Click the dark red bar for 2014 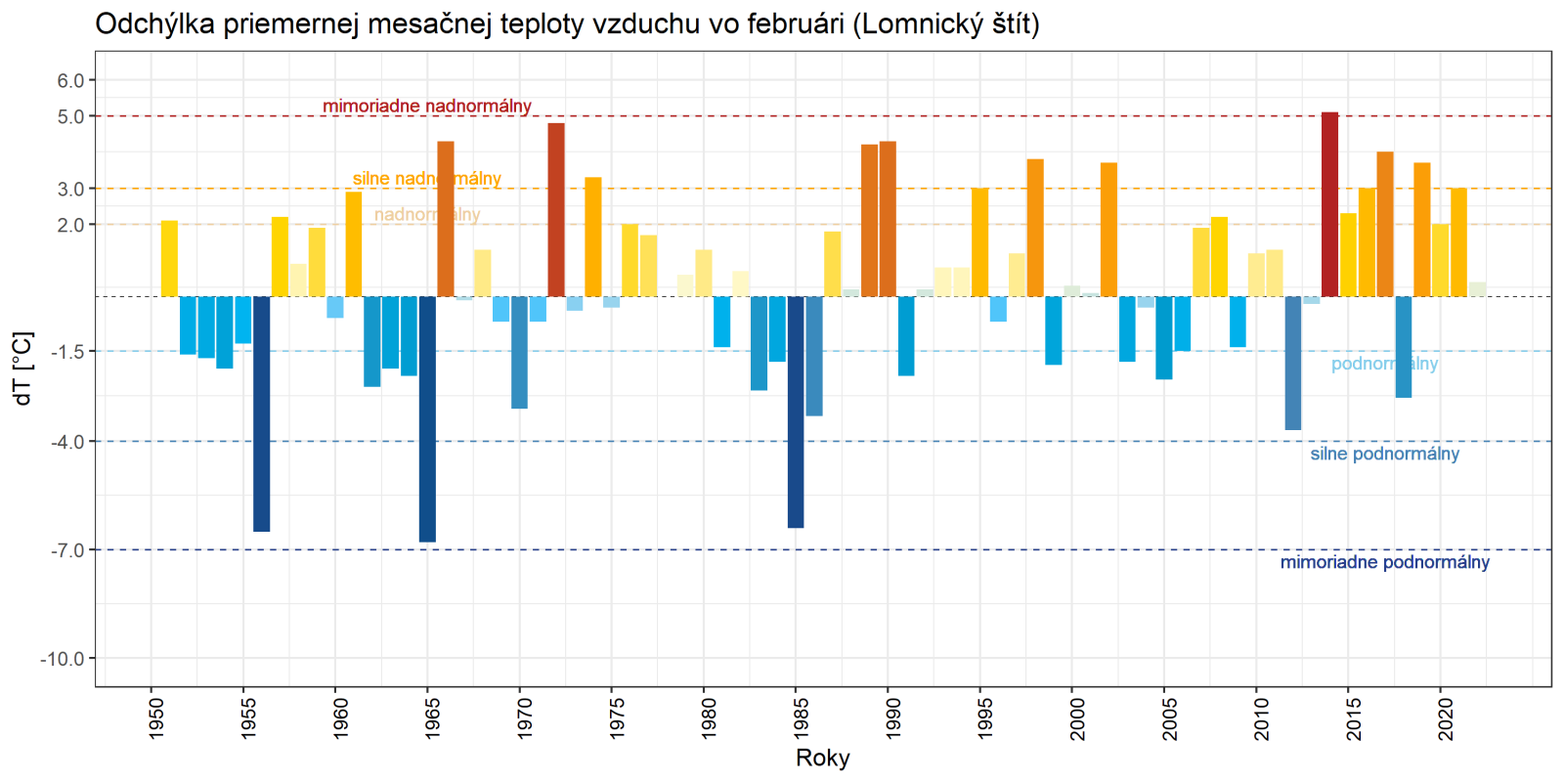1329,204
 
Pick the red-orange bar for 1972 556,210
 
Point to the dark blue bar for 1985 796,412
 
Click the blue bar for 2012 1293,363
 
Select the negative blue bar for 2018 1404,347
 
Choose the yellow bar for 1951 169,259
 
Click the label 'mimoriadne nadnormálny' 427,106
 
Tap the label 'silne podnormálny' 1384,454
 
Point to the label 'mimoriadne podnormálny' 1384,562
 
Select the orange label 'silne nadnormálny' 427,178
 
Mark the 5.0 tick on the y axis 70,116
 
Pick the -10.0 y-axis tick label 63,659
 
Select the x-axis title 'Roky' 822,758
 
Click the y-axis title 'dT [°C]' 22,369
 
